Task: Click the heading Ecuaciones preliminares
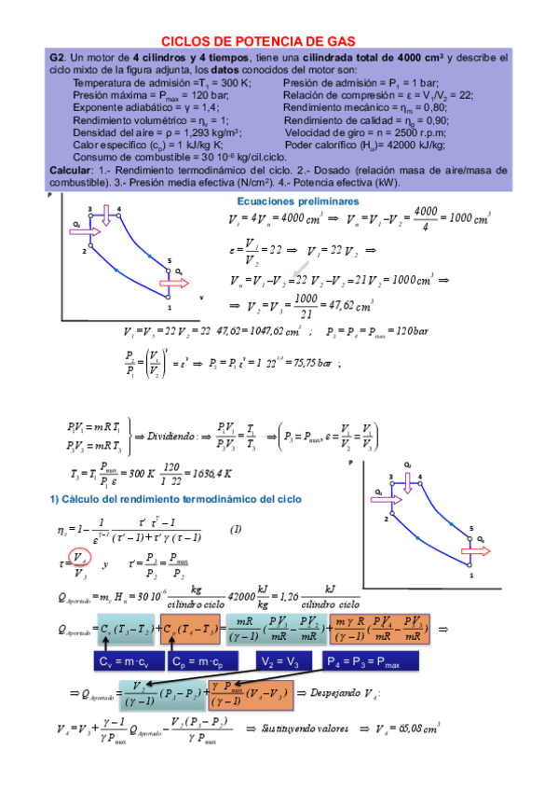coord(297,201)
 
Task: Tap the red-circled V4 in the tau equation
coord(82,559)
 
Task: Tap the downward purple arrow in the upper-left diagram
coord(108,218)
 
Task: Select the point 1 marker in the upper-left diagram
coord(169,298)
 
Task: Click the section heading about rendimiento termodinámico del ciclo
coord(175,500)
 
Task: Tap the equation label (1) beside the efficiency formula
coord(236,529)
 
